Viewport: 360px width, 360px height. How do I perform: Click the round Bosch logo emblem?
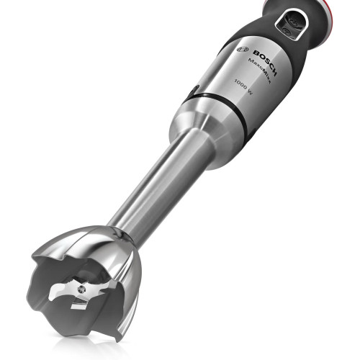coord(242,53)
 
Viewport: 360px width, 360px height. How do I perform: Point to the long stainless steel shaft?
coord(155,187)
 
